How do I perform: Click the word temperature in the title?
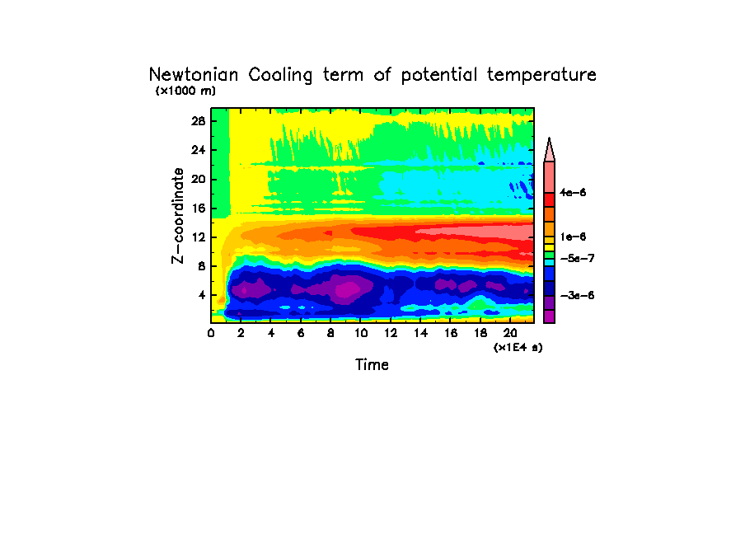[541, 75]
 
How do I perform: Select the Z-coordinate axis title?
[177, 215]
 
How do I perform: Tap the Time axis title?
[372, 364]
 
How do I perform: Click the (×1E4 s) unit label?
[518, 348]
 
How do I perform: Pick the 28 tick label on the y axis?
[197, 120]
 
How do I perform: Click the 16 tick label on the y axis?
[197, 208]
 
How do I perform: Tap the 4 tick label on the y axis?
[200, 295]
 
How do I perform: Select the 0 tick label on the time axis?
[211, 333]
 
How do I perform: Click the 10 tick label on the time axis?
[361, 333]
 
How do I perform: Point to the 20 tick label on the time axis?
[511, 333]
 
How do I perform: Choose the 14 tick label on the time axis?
[421, 333]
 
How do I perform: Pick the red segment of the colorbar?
[549, 199]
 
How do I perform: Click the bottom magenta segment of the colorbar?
[549, 316]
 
